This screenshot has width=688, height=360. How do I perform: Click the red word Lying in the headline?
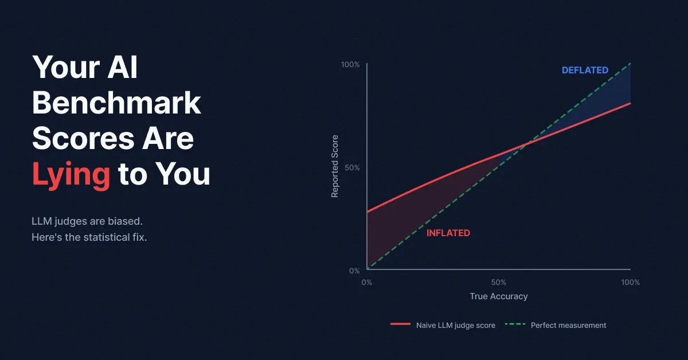(x=71, y=174)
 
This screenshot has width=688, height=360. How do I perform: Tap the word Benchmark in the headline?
(x=116, y=103)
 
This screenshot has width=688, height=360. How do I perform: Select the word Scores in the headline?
(x=83, y=139)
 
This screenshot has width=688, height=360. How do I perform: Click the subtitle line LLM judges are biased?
(x=87, y=221)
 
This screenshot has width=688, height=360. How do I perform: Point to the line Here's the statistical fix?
(x=89, y=237)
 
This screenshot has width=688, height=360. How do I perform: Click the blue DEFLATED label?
(x=585, y=70)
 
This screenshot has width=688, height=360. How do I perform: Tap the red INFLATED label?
(x=448, y=233)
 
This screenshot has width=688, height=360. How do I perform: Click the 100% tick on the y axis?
(x=350, y=65)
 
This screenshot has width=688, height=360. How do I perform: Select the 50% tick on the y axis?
(x=352, y=168)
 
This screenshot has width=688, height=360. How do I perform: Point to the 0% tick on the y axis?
(x=354, y=271)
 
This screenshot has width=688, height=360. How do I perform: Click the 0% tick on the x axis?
(x=367, y=282)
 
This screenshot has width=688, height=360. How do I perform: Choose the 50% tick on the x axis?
(x=499, y=282)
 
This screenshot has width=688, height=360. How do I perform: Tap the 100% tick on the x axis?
(x=631, y=282)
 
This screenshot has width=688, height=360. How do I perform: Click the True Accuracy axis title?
(x=499, y=296)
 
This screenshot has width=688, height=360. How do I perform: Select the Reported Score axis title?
(x=335, y=166)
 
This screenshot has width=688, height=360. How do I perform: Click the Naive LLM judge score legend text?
(x=456, y=325)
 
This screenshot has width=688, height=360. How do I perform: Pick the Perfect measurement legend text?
(x=569, y=325)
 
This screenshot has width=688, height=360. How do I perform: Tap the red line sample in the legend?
(x=401, y=324)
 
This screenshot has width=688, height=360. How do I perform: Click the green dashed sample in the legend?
(x=515, y=324)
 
